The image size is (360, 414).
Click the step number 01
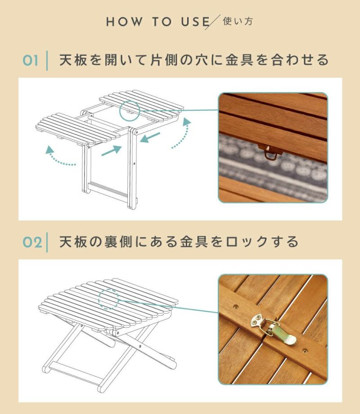click(31, 61)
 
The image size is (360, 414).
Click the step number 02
click(32, 242)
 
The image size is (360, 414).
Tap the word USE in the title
click(195, 22)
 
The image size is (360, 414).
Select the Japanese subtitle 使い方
click(238, 21)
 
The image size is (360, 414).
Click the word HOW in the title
click(124, 22)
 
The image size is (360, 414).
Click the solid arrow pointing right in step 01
click(112, 151)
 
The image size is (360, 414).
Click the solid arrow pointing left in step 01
click(150, 137)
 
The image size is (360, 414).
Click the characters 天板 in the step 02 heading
click(73, 241)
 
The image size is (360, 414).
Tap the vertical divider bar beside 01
click(47, 61)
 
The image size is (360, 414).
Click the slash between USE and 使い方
click(212, 22)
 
